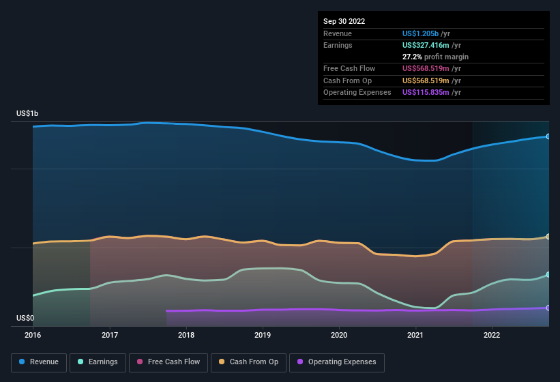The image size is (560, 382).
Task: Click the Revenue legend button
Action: pos(39,362)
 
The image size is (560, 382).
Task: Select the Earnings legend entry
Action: pos(98,362)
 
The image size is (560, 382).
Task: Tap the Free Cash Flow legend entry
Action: pos(168,362)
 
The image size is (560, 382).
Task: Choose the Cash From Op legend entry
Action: pos(248,362)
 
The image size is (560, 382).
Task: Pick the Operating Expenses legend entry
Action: pos(337,362)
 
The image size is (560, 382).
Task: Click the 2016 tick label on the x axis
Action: pos(33,335)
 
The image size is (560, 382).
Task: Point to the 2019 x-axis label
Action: pos(263,335)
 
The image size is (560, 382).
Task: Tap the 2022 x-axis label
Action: pos(492,335)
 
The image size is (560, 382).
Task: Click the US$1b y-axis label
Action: pos(27,113)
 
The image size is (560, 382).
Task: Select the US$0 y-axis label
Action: pos(25,318)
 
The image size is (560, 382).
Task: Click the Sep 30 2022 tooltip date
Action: pos(344,21)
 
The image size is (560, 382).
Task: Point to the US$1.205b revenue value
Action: pos(420,33)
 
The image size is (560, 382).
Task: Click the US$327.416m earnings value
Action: pos(426,45)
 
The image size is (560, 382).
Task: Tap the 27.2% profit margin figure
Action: pos(412,57)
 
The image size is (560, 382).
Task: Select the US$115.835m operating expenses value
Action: pos(426,93)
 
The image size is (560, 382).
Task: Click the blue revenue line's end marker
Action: pos(548,136)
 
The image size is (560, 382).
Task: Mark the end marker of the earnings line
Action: pos(548,274)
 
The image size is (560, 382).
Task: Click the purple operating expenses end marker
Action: pos(548,308)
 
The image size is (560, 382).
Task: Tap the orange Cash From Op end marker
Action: pos(548,236)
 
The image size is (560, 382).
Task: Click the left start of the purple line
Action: pos(166,311)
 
